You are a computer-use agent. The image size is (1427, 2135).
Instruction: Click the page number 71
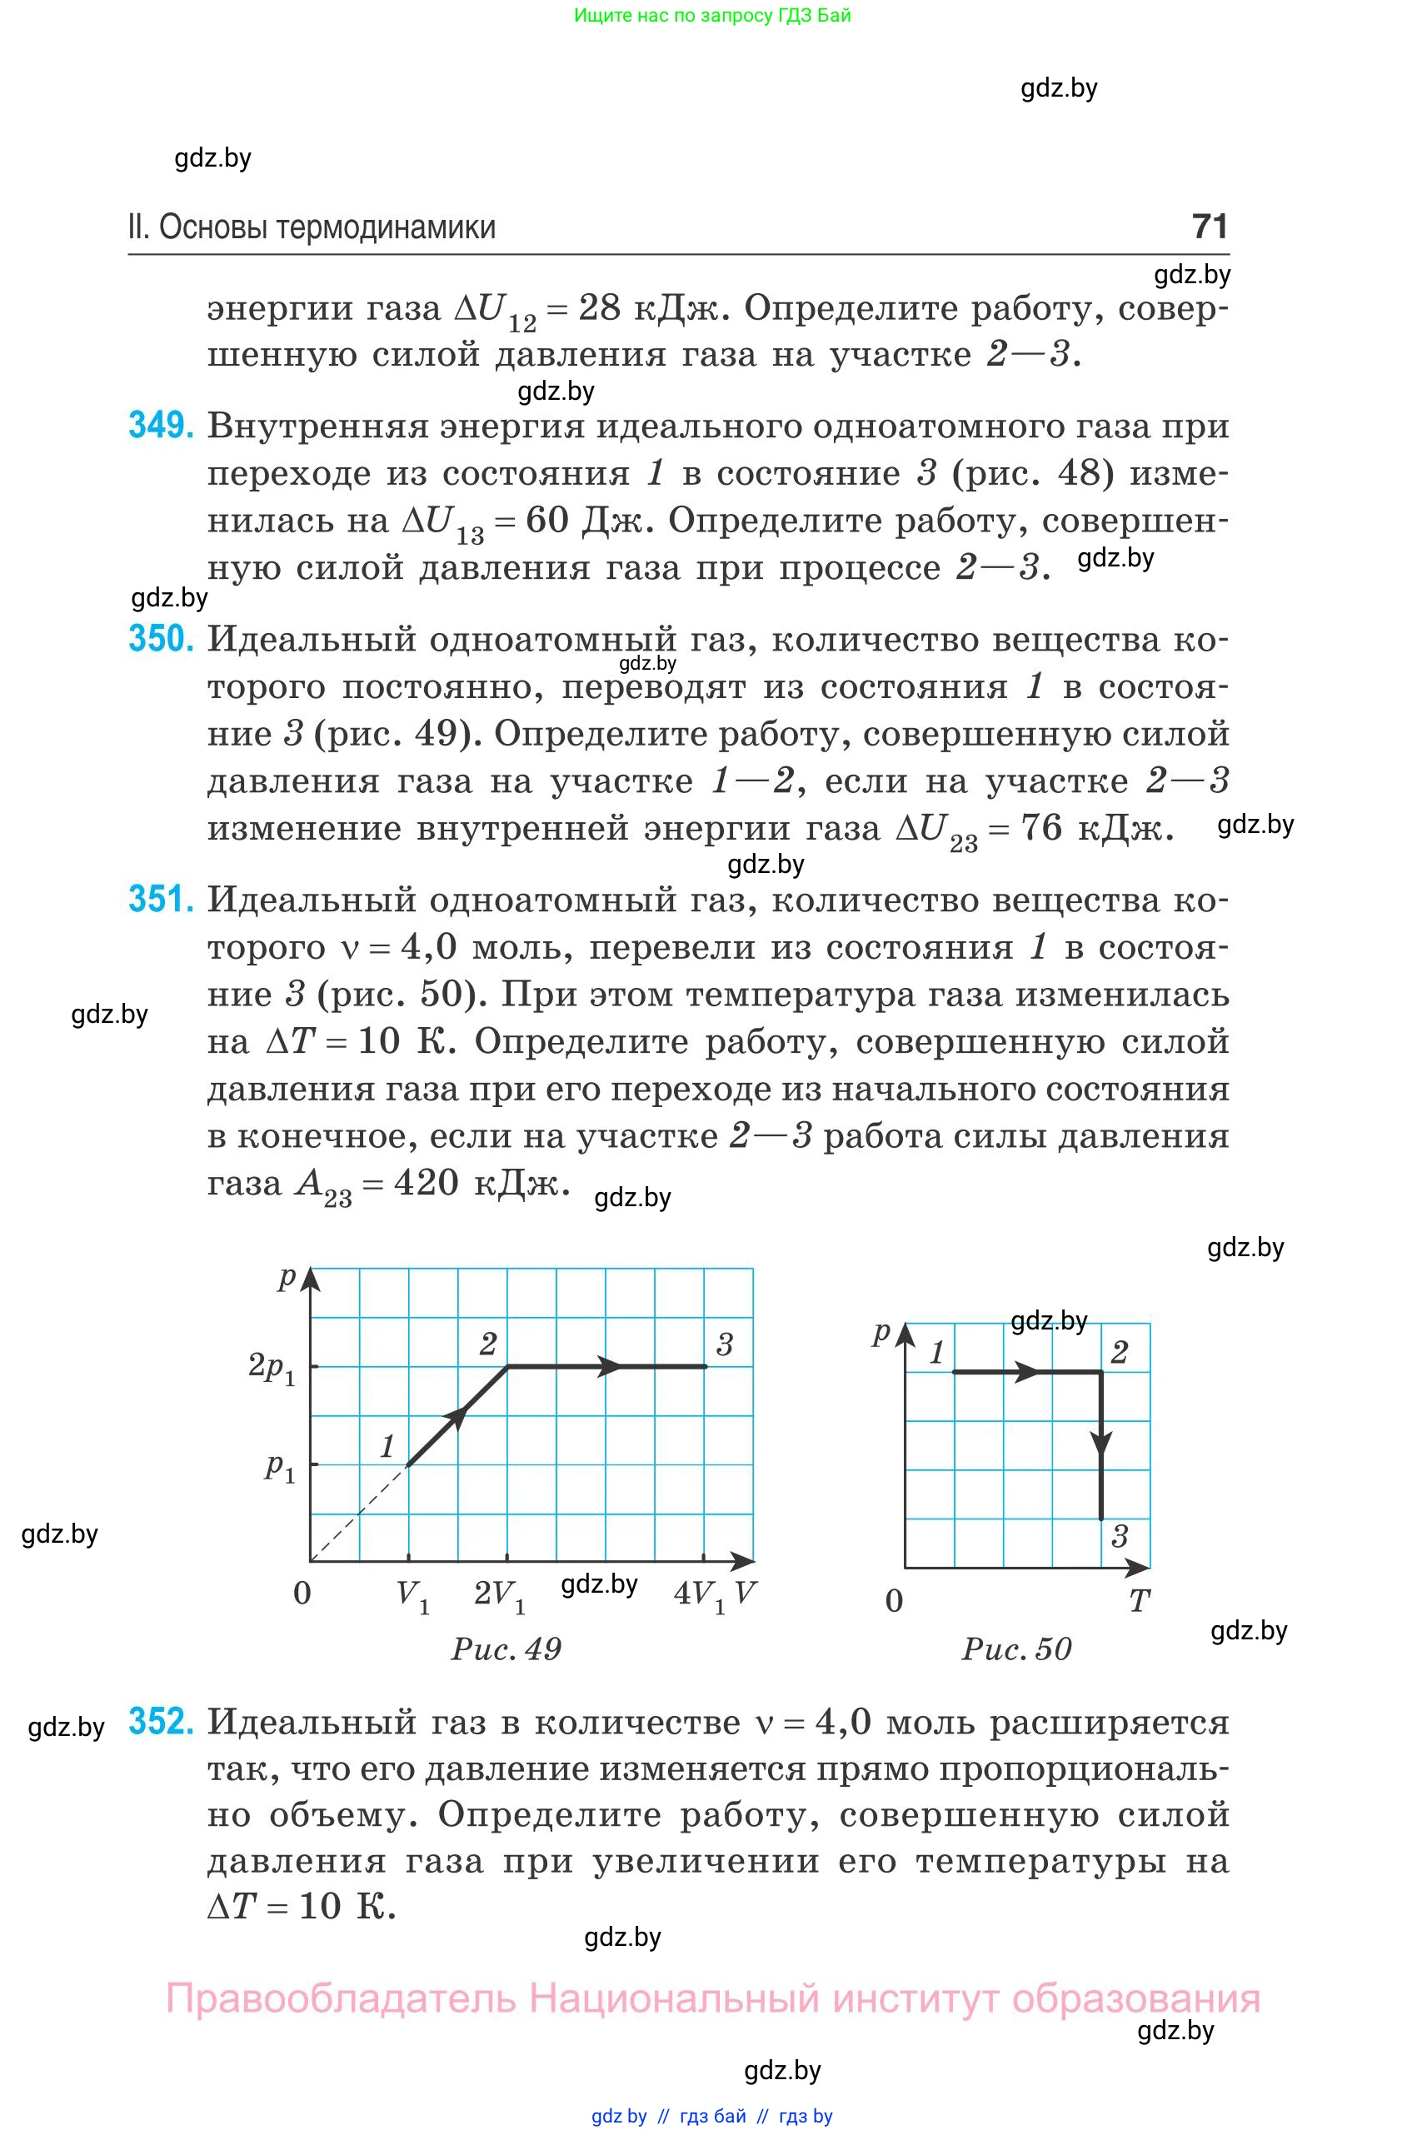[1210, 227]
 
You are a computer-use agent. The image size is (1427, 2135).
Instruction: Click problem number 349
[161, 426]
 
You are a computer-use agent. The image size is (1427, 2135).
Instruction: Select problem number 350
[161, 639]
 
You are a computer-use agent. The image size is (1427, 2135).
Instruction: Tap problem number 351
[161, 899]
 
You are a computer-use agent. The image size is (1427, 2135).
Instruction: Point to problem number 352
[161, 1721]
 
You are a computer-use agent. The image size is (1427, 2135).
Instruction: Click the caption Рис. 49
[506, 1649]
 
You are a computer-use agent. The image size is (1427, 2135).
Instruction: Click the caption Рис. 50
[1016, 1649]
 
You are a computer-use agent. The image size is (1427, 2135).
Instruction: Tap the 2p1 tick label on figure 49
[272, 1368]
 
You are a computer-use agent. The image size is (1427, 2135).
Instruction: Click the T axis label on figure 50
[1139, 1600]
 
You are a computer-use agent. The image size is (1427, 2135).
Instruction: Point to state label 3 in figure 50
[1120, 1537]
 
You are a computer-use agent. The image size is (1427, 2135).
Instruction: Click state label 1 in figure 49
[387, 1446]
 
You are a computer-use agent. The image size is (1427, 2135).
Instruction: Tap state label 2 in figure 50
[1120, 1352]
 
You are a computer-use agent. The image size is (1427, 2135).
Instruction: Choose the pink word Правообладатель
[341, 1998]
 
